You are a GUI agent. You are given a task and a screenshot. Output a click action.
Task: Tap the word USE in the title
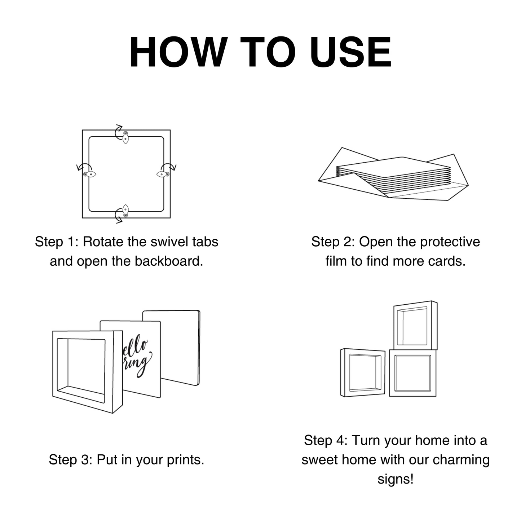pyautogui.click(x=351, y=52)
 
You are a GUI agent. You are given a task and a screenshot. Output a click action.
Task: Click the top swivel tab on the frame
pyautogui.click(x=125, y=137)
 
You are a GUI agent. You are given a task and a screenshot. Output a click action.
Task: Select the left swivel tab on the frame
pyautogui.click(x=89, y=175)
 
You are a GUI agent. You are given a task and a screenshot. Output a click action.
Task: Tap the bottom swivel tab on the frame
pyautogui.click(x=125, y=211)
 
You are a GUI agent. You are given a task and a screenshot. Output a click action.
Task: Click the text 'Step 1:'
pyautogui.click(x=57, y=242)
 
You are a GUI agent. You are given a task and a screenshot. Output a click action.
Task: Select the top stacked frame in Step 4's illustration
pyautogui.click(x=415, y=325)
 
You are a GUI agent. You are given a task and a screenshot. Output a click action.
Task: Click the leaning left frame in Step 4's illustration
pyautogui.click(x=363, y=373)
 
